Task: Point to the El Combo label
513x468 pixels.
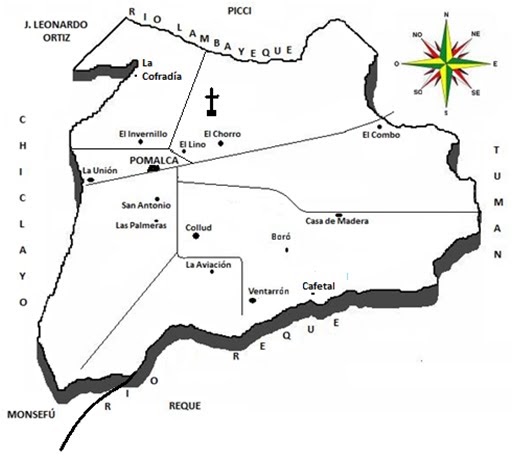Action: click(380, 135)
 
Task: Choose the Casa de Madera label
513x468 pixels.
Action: click(337, 221)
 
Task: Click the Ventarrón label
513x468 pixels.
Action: click(268, 291)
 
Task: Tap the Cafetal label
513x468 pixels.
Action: click(318, 285)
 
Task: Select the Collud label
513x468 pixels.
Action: click(199, 228)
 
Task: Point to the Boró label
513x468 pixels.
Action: click(284, 237)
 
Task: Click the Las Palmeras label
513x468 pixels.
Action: click(141, 225)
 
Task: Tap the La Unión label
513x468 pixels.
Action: click(100, 171)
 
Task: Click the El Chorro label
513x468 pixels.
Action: click(220, 133)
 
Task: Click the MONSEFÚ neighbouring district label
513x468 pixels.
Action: click(33, 413)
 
